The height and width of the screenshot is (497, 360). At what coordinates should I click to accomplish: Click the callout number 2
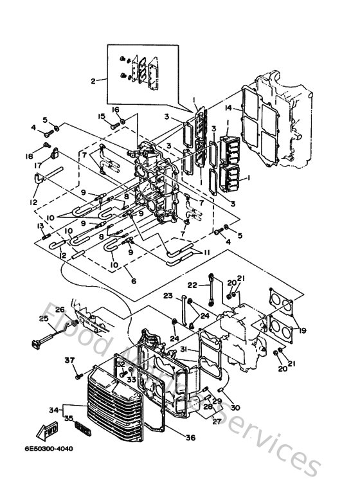(93, 81)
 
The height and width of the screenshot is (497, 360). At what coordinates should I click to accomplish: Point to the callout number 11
(206, 252)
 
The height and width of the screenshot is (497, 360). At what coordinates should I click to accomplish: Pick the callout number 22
(192, 284)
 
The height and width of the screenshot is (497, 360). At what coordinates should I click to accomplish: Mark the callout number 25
(44, 318)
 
